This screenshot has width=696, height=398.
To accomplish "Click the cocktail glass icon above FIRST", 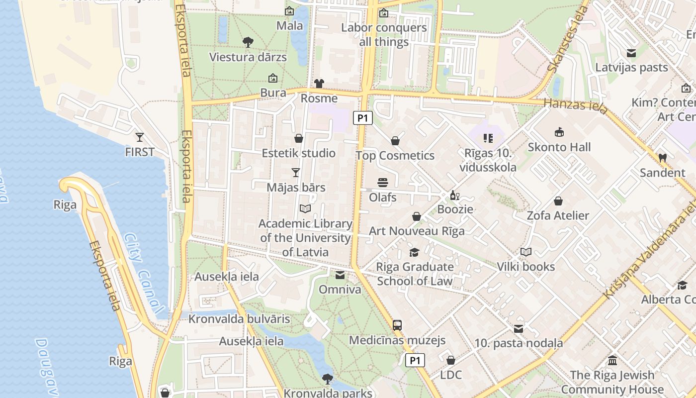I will [x=140, y=137].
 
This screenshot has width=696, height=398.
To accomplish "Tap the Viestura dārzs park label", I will [x=248, y=57].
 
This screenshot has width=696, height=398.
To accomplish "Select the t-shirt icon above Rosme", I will [x=319, y=83].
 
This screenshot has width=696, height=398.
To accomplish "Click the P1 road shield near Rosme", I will [x=363, y=118].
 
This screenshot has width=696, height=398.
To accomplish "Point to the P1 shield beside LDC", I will [x=415, y=360].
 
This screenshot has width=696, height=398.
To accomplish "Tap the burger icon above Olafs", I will [x=382, y=183].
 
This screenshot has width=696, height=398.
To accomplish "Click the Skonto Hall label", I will [x=559, y=147].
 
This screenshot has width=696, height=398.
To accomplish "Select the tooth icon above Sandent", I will [x=662, y=158].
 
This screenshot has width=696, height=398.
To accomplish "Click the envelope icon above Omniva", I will [x=340, y=275].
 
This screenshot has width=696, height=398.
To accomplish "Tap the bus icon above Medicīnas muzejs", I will [x=397, y=325].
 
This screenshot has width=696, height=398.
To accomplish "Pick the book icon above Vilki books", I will [x=525, y=252].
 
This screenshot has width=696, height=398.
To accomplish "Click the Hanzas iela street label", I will [x=575, y=105].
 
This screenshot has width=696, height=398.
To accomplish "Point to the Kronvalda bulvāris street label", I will [x=239, y=319].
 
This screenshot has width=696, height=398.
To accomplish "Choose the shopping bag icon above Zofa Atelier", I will [x=558, y=201].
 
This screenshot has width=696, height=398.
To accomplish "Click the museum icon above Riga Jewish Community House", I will [x=612, y=360].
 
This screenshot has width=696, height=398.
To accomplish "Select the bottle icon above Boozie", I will [x=454, y=195].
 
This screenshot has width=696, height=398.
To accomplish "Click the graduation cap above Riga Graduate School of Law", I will [x=414, y=252].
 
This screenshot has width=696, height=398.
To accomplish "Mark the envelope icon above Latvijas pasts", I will [x=631, y=53].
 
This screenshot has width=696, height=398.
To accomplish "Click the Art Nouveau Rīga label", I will [x=417, y=231].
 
